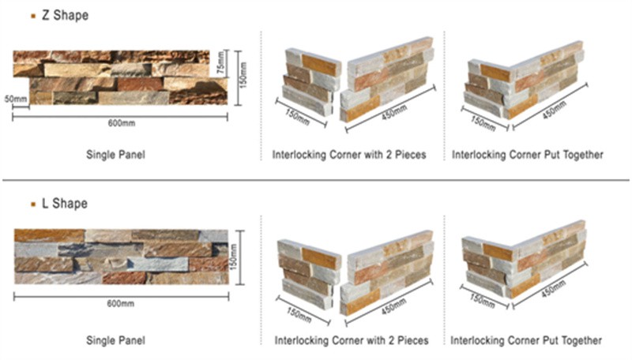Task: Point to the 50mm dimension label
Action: point(15,99)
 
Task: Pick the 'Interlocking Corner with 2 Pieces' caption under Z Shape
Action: point(348,155)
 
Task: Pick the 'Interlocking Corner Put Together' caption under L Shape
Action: point(527,340)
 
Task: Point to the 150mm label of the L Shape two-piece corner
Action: point(295,305)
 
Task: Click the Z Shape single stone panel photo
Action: point(118,77)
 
